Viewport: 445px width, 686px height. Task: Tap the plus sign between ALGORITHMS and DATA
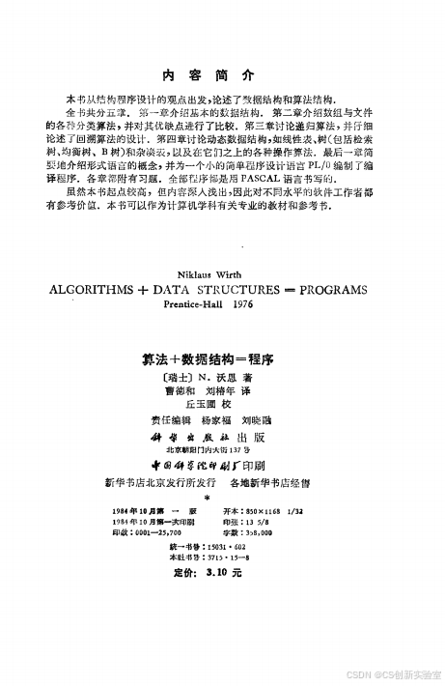pyautogui.click(x=153, y=288)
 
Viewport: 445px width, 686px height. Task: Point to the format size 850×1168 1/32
pyautogui.click(x=264, y=509)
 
